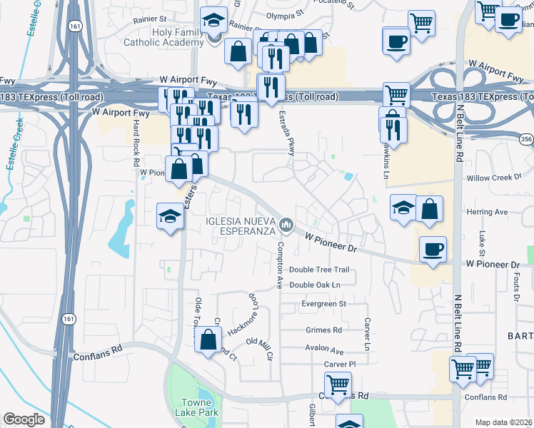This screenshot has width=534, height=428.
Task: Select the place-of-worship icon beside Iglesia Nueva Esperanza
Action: (x=286, y=225)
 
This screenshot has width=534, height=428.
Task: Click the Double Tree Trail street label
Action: (x=319, y=270)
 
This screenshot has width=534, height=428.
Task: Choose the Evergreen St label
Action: (x=323, y=303)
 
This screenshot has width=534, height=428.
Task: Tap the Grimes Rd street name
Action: (x=323, y=330)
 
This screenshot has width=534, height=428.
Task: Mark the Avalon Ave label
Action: (x=325, y=351)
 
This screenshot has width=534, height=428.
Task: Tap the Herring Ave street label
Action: (x=487, y=212)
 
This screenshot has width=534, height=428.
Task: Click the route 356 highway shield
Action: (x=526, y=139)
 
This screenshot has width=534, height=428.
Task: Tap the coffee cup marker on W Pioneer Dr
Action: (x=433, y=250)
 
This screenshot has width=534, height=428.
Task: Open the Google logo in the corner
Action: (x=24, y=419)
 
